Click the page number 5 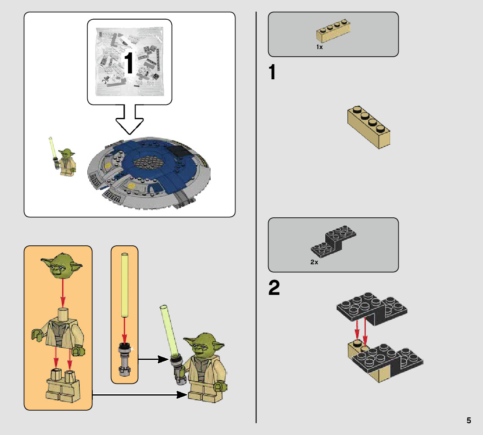click(x=468, y=420)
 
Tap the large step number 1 click(x=272, y=72)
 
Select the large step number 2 click(x=274, y=287)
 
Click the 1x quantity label click(x=319, y=47)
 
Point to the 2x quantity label click(x=314, y=262)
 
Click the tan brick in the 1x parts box click(x=333, y=31)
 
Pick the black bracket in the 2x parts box click(x=333, y=241)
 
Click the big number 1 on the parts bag click(x=129, y=63)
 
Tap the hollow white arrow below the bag click(x=130, y=120)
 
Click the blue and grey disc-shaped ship click(x=149, y=173)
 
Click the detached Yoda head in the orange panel click(x=62, y=266)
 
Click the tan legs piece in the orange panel click(x=63, y=386)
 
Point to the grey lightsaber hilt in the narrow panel click(x=124, y=359)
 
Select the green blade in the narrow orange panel click(x=125, y=285)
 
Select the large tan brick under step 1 click(x=369, y=127)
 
